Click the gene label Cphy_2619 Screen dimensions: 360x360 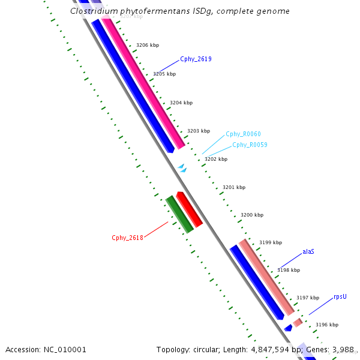[x=196, y=59]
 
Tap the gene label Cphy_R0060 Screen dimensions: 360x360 [x=243, y=134]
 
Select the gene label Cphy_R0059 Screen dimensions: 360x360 [x=250, y=145]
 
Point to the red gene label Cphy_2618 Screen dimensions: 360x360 [x=127, y=238]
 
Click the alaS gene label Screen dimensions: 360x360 [x=308, y=251]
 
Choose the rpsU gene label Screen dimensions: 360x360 [x=340, y=296]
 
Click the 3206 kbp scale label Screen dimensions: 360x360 [x=148, y=45]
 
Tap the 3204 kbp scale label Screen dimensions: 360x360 [x=181, y=103]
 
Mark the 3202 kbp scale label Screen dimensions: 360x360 [x=216, y=159]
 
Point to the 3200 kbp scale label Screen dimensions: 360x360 [x=252, y=215]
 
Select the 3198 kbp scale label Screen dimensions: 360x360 [x=288, y=270]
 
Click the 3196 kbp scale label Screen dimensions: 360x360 [x=327, y=325]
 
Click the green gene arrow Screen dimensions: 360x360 [x=179, y=214]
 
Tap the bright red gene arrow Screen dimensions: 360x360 [x=189, y=209]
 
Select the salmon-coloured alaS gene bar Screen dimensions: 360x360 [x=266, y=277]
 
